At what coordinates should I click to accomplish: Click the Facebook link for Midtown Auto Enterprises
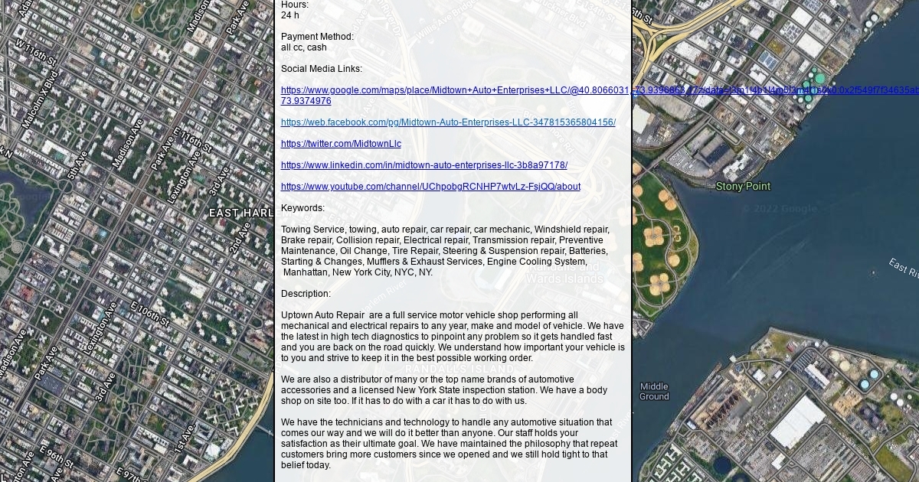point(448,122)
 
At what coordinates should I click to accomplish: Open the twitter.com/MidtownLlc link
point(341,144)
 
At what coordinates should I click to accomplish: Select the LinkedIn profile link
point(424,165)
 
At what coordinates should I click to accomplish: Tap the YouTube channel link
point(430,187)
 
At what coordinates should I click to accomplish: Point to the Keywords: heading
point(303,208)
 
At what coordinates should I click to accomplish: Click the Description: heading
point(306,294)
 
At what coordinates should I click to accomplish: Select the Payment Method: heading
point(317,37)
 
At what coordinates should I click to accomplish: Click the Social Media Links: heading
point(322,69)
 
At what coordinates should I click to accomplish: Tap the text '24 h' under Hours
point(290,15)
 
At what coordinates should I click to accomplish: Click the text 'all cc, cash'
point(304,47)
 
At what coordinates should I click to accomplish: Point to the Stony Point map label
point(743,187)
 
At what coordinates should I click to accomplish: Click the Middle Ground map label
point(654,391)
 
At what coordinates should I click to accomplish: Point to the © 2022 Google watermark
point(779,209)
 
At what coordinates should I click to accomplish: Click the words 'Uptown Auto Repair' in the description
point(322,315)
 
